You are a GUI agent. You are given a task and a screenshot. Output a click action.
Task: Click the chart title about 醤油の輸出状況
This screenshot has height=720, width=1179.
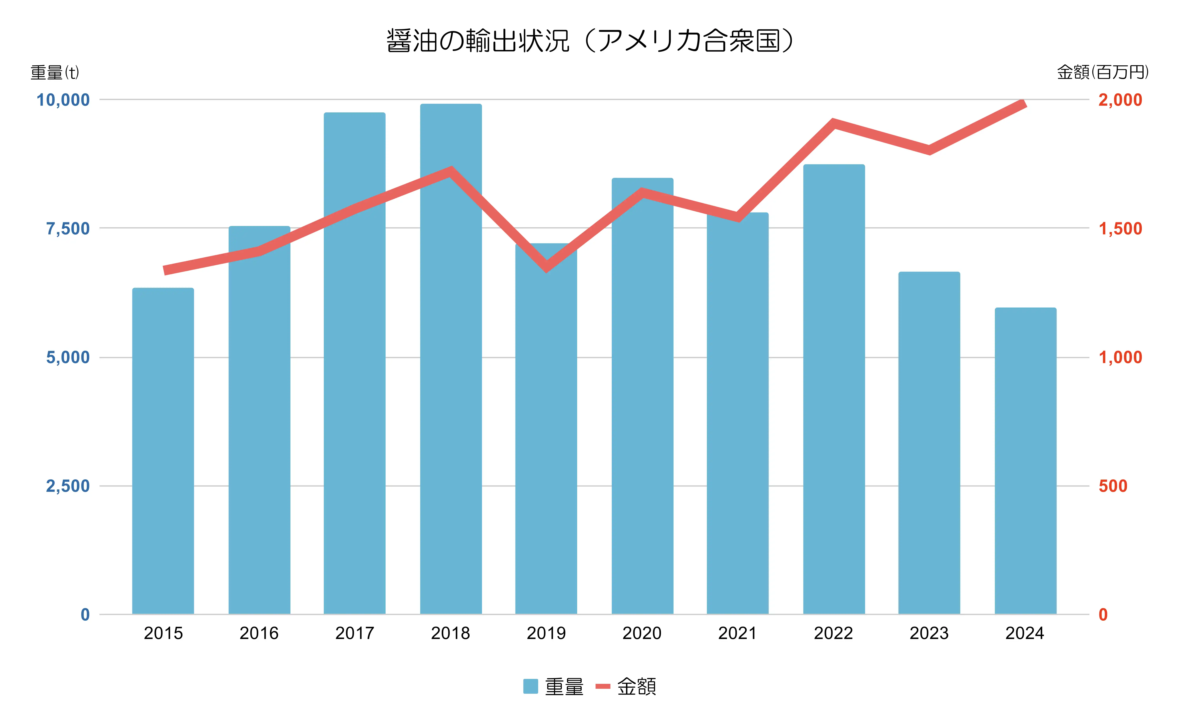(590, 41)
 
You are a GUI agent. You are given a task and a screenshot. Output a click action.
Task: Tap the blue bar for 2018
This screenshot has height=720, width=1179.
(451, 359)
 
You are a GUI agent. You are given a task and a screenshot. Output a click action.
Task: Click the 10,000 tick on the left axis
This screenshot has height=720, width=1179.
(63, 100)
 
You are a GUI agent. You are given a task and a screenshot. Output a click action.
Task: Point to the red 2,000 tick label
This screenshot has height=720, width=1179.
(1120, 100)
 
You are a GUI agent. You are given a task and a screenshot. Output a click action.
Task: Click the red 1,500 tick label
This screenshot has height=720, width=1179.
(1120, 229)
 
